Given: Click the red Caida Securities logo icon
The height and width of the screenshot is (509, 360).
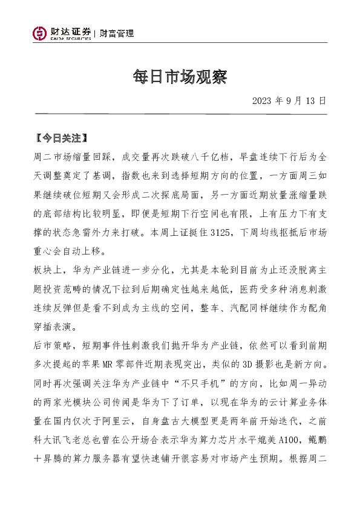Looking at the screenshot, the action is point(41,34).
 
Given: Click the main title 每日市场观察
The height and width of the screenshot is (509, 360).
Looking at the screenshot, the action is point(179,76).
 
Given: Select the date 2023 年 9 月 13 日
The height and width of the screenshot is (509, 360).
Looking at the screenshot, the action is point(289,100).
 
